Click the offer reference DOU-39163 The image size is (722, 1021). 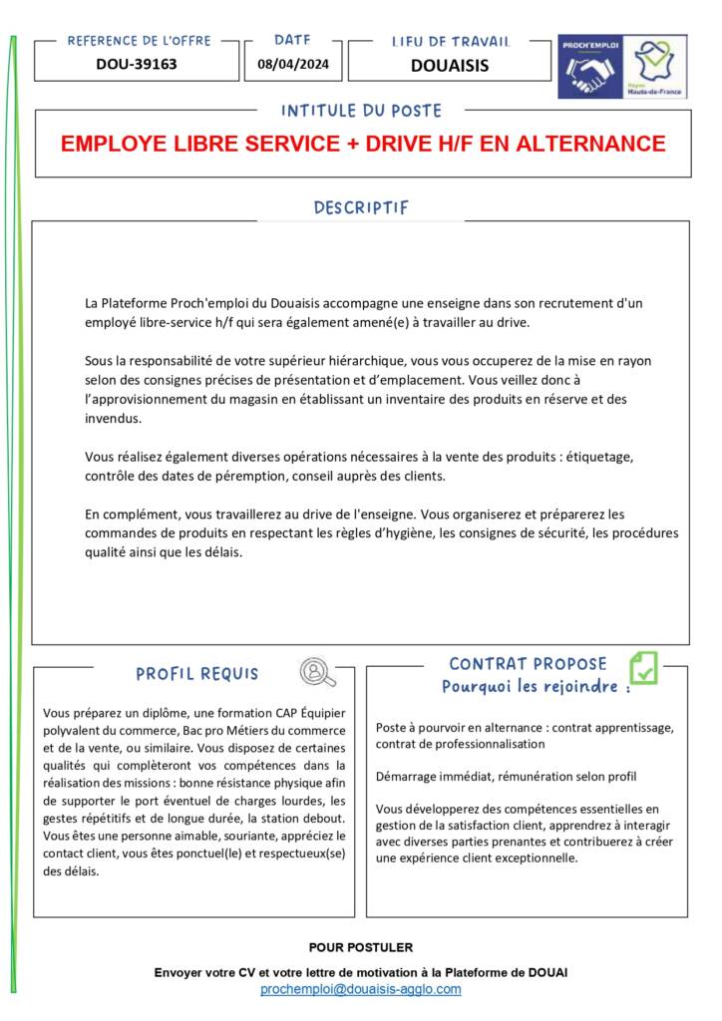coord(137,65)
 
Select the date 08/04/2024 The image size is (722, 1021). coord(292,65)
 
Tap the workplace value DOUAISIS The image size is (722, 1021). coord(450,66)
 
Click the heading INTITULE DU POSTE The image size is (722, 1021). coord(361,111)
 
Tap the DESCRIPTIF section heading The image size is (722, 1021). coord(361,208)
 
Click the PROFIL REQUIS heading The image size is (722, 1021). coord(197,674)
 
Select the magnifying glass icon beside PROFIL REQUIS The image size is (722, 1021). coord(317,673)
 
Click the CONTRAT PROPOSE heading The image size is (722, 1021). coord(528,664)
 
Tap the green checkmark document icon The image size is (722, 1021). coord(643,668)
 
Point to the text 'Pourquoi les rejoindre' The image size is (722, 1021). coord(531,687)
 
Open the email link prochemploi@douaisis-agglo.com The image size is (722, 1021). coord(361,989)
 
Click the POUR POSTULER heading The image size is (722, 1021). coord(361,947)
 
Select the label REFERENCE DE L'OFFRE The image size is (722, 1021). coord(139,41)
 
